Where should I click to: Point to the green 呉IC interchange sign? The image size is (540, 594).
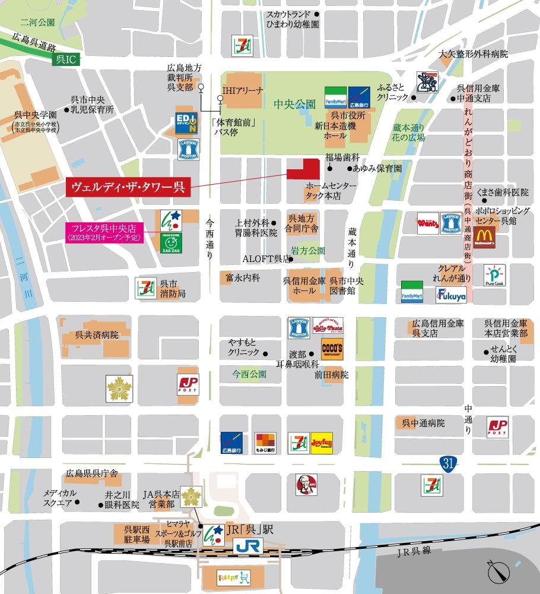click(63, 60)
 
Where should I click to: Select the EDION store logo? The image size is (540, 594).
click(187, 121)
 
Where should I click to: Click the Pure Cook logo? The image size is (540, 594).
click(494, 276)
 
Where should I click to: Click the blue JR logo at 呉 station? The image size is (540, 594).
click(246, 546)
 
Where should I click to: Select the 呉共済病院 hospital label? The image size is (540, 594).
click(97, 335)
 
